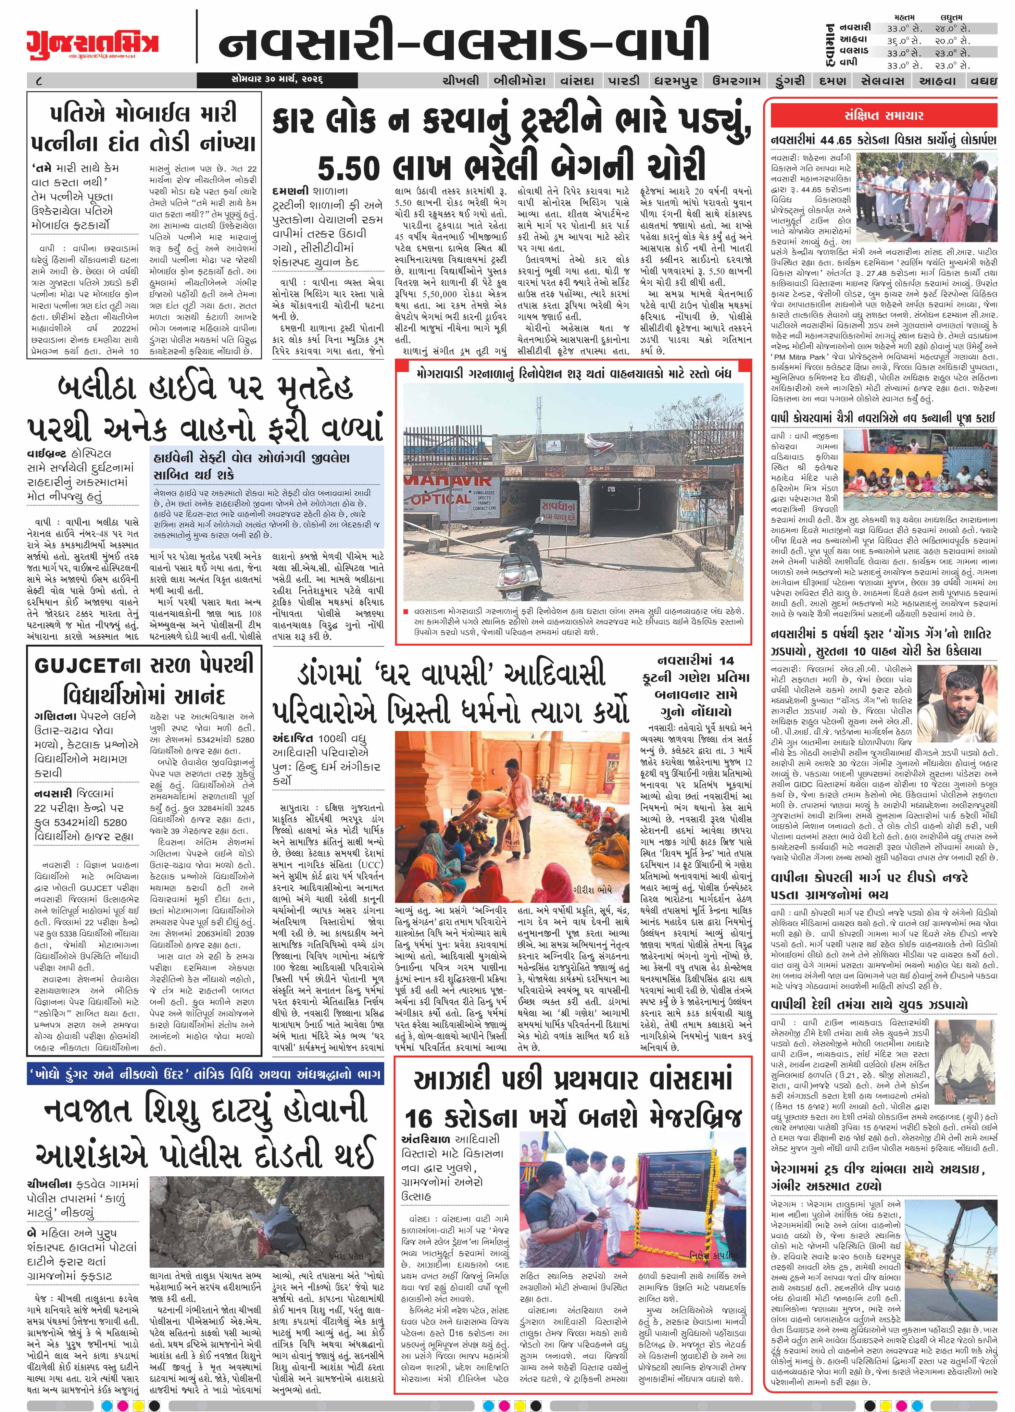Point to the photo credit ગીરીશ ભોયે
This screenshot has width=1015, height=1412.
click(595, 889)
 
